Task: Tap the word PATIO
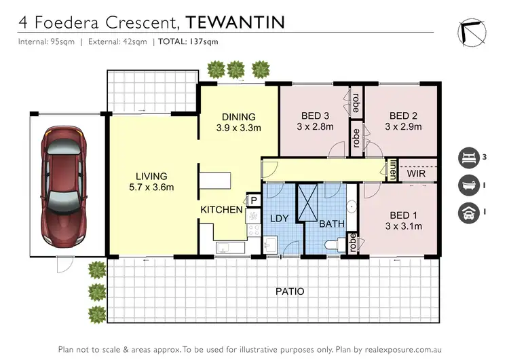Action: (x=290, y=291)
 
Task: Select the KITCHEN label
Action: (x=221, y=210)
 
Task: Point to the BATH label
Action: (x=332, y=223)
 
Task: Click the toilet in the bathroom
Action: (x=335, y=245)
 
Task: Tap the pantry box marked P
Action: (x=254, y=200)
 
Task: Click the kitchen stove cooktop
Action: (x=253, y=217)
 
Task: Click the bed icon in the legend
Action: (x=468, y=157)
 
